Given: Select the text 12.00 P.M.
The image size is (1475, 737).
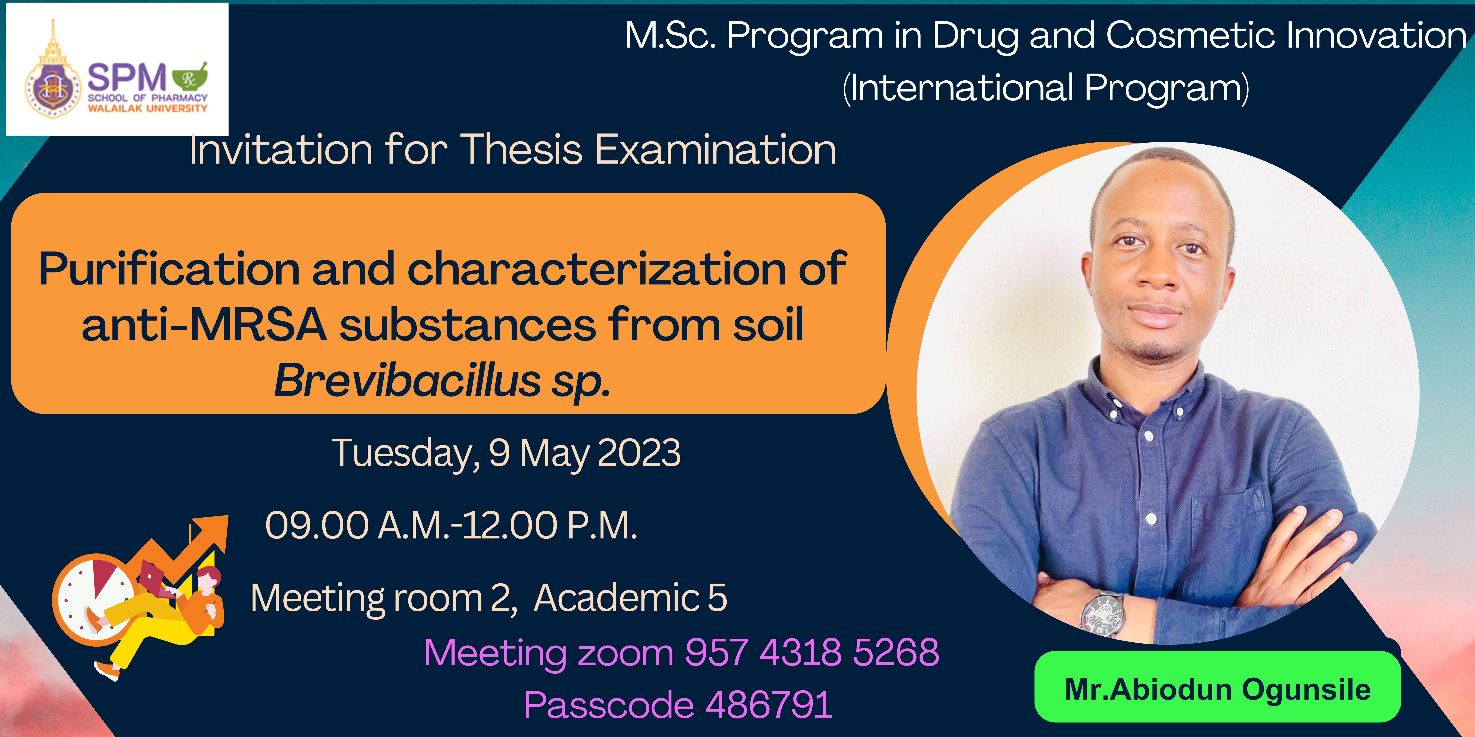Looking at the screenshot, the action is click(550, 525).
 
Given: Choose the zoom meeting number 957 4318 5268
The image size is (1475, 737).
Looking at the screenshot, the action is click(812, 652).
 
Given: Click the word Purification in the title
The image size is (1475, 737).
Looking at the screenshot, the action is click(169, 269).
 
